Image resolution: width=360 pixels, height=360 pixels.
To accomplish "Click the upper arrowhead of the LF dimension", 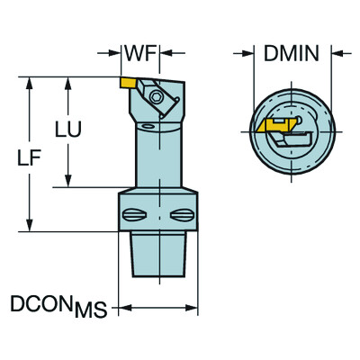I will pos(31,82).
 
